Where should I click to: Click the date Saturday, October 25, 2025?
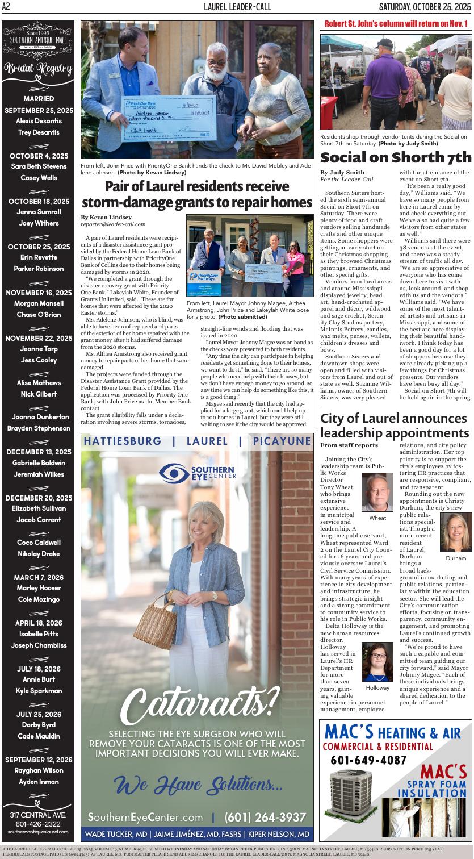(425, 6)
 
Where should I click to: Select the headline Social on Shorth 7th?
(396, 157)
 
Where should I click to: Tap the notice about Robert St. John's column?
(396, 23)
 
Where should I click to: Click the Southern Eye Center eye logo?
(174, 472)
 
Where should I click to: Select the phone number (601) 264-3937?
(265, 817)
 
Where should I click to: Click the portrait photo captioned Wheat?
(377, 492)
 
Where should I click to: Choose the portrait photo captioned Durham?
(455, 532)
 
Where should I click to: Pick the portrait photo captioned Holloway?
(377, 662)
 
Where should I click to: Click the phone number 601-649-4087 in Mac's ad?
(368, 760)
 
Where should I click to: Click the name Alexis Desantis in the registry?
(38, 121)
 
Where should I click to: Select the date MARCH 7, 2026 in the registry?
(39, 577)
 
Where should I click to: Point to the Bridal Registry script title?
(39, 69)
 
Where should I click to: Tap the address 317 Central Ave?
(38, 815)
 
